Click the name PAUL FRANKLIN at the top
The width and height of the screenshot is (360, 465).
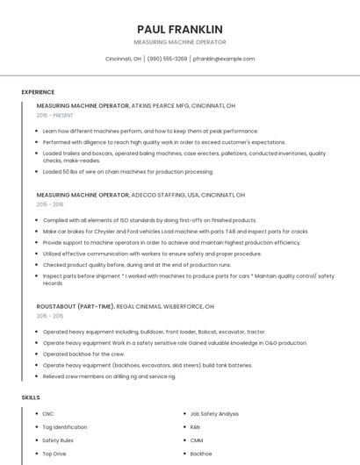tap(180, 29)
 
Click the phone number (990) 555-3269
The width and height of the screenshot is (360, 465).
tap(167, 59)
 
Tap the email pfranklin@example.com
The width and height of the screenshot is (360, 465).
tap(224, 59)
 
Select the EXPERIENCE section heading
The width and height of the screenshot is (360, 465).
tap(38, 92)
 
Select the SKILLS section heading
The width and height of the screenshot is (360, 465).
tap(30, 397)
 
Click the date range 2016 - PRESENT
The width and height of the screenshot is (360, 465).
tap(55, 115)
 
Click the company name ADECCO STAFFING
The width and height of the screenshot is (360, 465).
tap(158, 195)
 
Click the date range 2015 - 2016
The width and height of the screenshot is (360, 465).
tap(50, 204)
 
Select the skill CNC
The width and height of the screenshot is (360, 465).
tap(47, 413)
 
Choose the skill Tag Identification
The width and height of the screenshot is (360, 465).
tap(64, 427)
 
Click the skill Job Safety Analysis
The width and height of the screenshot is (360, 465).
tap(214, 413)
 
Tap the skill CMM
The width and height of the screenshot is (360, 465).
tap(196, 440)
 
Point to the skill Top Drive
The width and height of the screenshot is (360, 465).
tap(54, 454)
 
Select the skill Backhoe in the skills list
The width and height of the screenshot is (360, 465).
tap(200, 454)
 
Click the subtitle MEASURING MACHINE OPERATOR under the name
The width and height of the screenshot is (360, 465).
tap(180, 42)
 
